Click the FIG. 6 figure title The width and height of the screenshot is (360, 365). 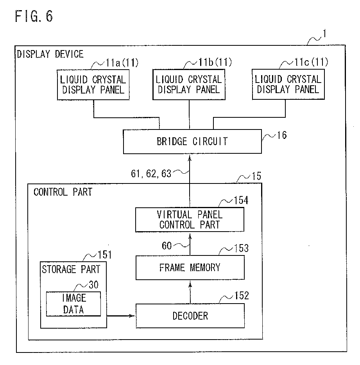pos(34,16)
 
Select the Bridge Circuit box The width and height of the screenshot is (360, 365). pos(192,142)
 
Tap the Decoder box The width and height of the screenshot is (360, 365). pos(190,316)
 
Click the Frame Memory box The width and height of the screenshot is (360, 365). pos(190,268)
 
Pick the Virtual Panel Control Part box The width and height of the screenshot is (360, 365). pos(190,219)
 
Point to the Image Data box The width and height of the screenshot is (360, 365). pos(73,304)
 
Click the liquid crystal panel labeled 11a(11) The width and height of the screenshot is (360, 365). pos(93,85)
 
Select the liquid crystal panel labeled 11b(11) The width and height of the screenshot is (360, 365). pos(189,85)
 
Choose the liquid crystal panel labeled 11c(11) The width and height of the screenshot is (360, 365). pos(288,84)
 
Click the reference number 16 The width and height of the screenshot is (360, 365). pos(282,135)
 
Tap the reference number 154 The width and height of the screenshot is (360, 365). pos(241,200)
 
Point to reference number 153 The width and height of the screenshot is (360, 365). pos(242,248)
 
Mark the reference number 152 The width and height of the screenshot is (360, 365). pos(242,296)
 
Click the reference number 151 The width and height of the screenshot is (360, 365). pos(105,255)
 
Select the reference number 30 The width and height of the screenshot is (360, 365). pos(94,285)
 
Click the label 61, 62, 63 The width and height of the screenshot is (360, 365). pos(151,174)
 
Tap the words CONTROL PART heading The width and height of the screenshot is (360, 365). pos(63,192)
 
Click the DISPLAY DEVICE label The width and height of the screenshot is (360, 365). pos(50,54)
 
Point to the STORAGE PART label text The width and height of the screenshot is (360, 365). pos(71,269)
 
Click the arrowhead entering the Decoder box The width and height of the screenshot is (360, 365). pos(133,316)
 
